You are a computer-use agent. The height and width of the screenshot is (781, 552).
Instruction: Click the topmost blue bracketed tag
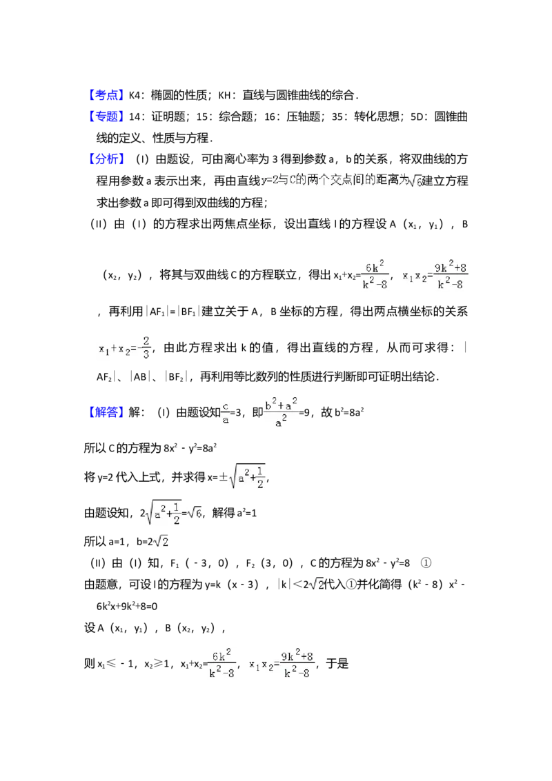pos(107,96)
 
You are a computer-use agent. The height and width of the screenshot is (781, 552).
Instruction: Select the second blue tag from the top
pos(107,117)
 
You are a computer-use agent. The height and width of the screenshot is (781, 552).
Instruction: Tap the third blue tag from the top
pos(107,159)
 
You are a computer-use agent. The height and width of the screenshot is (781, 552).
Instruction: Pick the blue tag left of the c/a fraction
pos(107,412)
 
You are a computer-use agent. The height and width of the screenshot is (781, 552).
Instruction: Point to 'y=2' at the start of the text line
pos(268,181)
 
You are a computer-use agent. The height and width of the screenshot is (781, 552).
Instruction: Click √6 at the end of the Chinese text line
pos(416,182)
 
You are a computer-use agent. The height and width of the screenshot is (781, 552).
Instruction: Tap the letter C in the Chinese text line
pos(292,181)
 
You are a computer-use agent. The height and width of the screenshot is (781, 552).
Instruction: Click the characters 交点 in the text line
pos(345,181)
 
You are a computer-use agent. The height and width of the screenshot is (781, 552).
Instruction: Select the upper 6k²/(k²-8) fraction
pos(375,274)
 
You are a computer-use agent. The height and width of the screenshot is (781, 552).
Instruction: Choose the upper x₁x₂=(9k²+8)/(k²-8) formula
pos(433,274)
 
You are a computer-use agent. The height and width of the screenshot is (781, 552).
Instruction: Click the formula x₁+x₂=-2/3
pos(124,347)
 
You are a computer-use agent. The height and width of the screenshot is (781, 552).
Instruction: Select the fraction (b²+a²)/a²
pos(282,412)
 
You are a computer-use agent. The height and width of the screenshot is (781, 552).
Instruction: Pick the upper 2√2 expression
pos(160,542)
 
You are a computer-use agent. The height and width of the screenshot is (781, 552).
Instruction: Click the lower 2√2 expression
pos(315,585)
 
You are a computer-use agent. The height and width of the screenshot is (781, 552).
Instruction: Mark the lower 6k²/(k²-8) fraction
pos(221,665)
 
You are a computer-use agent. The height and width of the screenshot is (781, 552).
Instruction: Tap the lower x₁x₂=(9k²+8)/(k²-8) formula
pos(282,665)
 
